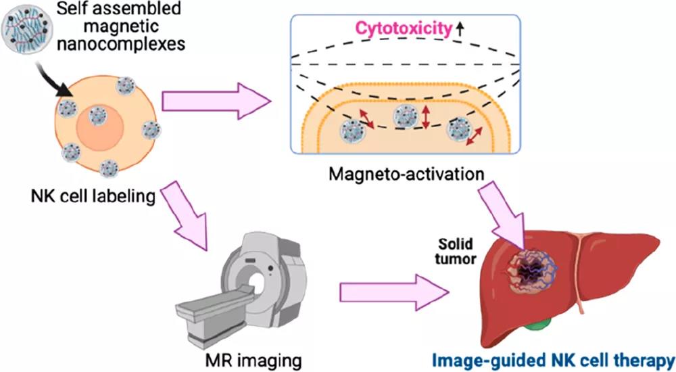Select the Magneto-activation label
406,173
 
